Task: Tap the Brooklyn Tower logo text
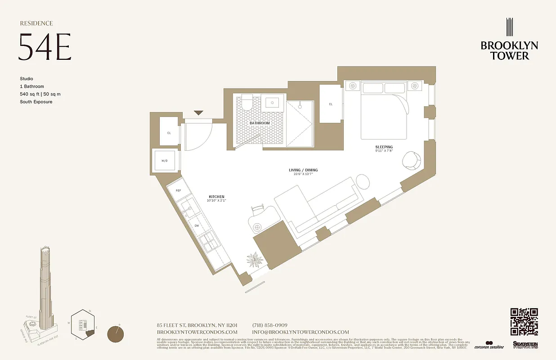coord(509,50)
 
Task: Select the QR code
coord(524,322)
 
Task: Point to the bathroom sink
coord(274,102)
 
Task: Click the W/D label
coord(165,160)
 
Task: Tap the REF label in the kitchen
coord(179,191)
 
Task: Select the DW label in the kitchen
coord(197,226)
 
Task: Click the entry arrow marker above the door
coord(198,113)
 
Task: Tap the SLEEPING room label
coord(384,147)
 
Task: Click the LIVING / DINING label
coord(303,170)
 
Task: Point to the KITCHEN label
coord(216,197)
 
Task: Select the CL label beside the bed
coord(331,104)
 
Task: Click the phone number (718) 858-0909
coord(269,325)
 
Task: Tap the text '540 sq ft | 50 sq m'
coord(40,94)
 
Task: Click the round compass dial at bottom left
coord(117,335)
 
